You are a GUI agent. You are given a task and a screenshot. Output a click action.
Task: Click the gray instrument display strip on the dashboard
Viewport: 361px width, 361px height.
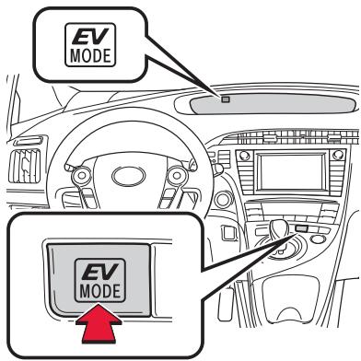(x=276, y=99)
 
